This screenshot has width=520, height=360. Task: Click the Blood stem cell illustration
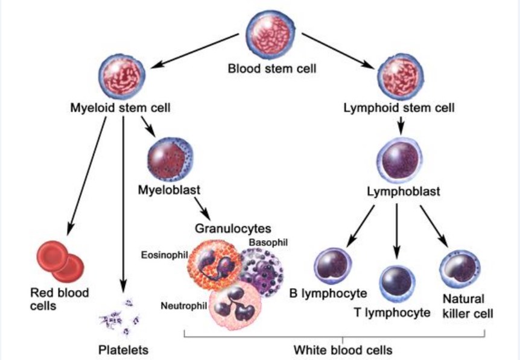click(271, 35)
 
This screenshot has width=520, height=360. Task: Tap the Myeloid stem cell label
click(121, 108)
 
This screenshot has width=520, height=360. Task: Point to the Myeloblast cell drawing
click(170, 159)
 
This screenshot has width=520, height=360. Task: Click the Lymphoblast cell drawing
click(400, 160)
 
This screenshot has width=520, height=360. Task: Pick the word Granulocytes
click(233, 229)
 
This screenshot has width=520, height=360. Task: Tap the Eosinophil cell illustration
click(215, 265)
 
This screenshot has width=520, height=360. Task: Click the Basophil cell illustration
click(262, 273)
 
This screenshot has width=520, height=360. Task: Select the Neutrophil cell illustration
click(235, 308)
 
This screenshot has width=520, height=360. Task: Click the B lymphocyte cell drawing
click(332, 266)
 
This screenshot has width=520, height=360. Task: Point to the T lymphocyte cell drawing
click(397, 283)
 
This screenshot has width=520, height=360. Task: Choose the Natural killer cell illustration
click(460, 269)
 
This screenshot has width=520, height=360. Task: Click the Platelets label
click(124, 350)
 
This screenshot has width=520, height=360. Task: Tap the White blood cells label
click(343, 350)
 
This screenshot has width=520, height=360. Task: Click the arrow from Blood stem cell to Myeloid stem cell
click(195, 51)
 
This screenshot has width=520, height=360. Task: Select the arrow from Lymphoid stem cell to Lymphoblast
click(401, 125)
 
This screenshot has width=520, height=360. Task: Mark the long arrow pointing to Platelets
click(123, 204)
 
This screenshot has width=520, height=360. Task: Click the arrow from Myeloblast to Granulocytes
click(202, 209)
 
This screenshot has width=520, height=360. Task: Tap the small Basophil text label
click(268, 242)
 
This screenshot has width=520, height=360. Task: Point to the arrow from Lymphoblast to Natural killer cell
click(434, 226)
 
